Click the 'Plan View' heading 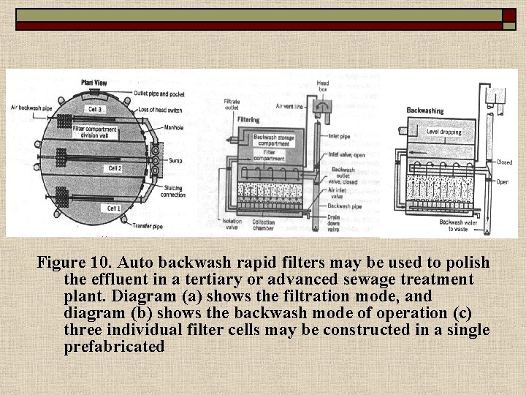[x=94, y=83]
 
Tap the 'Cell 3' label [x=94, y=109]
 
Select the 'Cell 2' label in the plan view [x=115, y=168]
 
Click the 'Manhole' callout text [x=174, y=127]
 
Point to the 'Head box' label [x=321, y=87]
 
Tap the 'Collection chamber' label [x=263, y=225]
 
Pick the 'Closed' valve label [x=504, y=162]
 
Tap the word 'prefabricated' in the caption [x=114, y=347]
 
